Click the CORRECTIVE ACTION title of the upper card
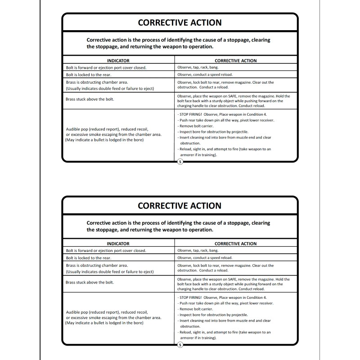tap(179, 22)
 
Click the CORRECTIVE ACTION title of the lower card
tap(179, 206)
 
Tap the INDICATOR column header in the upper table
tap(118, 60)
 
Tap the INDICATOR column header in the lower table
tap(118, 243)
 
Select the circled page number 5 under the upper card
tap(180, 162)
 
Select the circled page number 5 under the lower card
tap(180, 345)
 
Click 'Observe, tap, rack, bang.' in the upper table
tap(198, 67)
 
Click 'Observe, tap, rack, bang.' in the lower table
tap(198, 250)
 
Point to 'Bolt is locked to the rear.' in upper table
tap(89, 75)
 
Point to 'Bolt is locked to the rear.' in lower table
tap(89, 258)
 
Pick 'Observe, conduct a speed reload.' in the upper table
tap(205, 75)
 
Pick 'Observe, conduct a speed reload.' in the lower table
tap(205, 258)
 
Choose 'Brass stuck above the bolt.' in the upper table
tap(90, 99)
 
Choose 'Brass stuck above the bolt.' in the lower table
tap(90, 282)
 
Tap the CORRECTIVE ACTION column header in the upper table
tap(235, 60)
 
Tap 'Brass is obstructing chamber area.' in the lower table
tap(97, 265)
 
